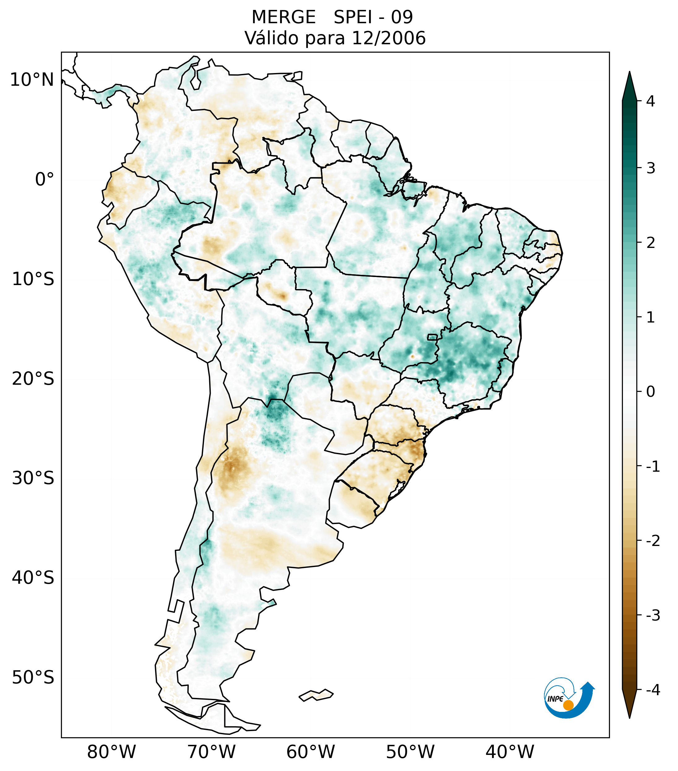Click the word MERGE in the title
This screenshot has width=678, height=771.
[x=283, y=17]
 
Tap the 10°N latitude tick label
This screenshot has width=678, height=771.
[x=32, y=80]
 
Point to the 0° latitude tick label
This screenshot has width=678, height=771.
[x=44, y=180]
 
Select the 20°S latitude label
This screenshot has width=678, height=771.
[x=33, y=379]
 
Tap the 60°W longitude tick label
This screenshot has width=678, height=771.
[x=310, y=752]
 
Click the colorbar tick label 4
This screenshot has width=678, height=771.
[x=650, y=101]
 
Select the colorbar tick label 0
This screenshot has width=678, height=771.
[x=650, y=392]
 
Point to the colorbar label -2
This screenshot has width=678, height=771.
[x=652, y=541]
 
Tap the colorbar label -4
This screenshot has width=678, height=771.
[x=652, y=690]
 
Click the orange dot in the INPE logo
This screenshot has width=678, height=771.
[x=568, y=705]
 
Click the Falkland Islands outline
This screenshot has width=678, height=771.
[x=316, y=695]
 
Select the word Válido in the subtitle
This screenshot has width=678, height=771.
[x=271, y=38]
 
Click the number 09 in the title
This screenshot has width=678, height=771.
[x=402, y=17]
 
